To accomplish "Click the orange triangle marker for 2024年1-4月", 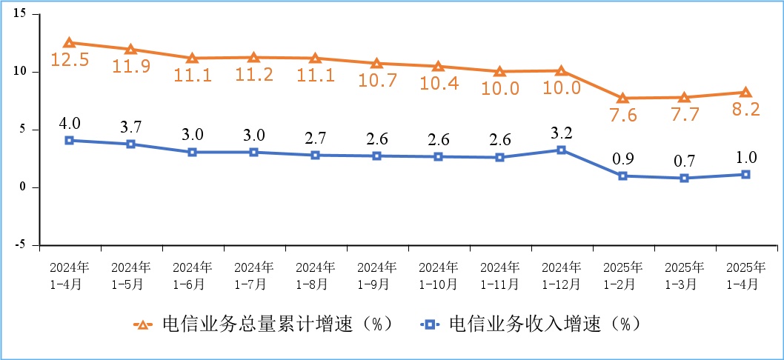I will (69, 43).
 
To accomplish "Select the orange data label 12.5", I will (69, 61).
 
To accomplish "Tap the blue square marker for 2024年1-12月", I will (561, 150).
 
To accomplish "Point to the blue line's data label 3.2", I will (561, 133).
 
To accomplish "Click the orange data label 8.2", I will (745, 110).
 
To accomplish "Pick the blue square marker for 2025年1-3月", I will (684, 178).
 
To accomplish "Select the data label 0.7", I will (684, 159).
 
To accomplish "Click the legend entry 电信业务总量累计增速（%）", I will (263, 324).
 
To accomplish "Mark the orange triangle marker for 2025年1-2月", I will (622, 98).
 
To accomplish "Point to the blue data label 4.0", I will (69, 122).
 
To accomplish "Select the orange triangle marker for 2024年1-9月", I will (376, 64).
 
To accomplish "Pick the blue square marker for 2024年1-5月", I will (130, 144).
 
